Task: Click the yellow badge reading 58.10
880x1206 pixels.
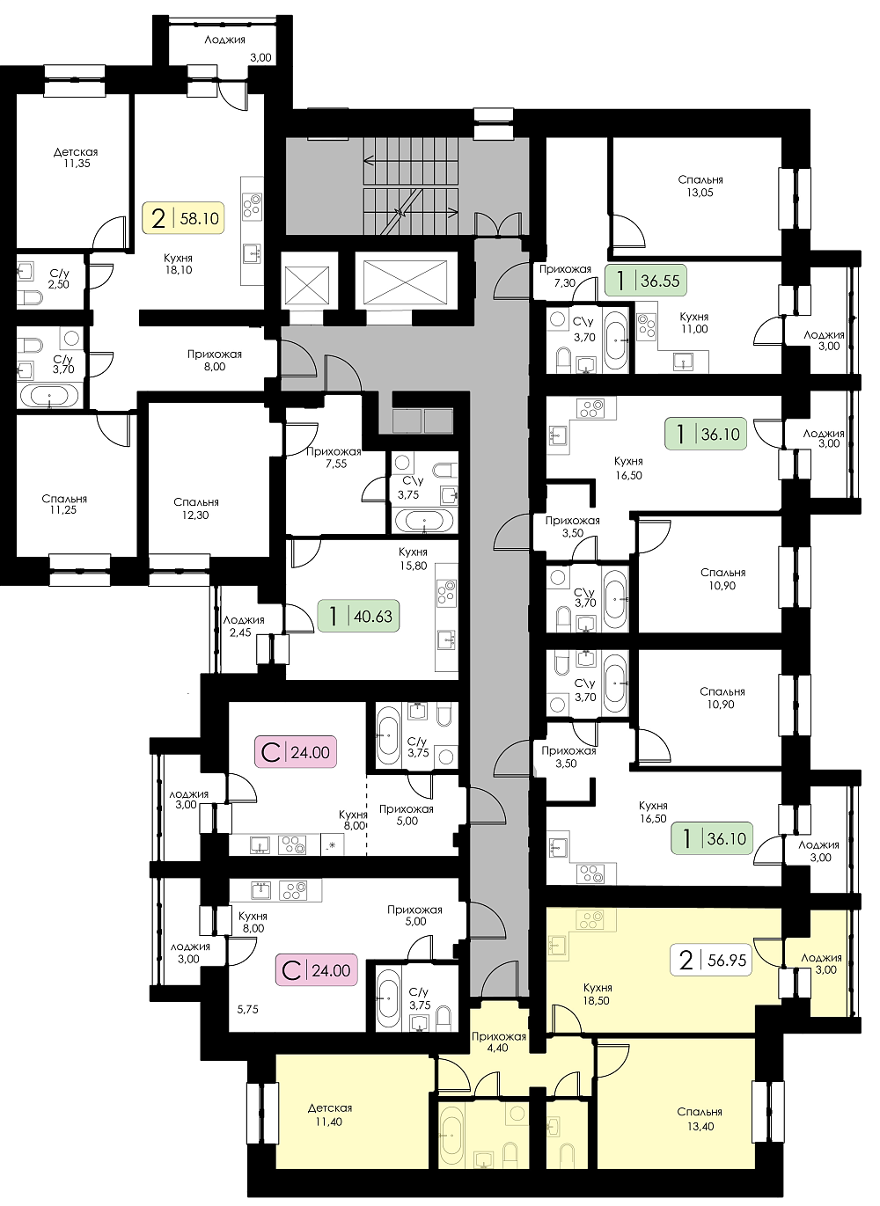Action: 182,217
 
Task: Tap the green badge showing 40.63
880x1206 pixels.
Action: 359,616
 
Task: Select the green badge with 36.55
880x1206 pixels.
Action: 646,280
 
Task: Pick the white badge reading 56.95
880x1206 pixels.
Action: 711,960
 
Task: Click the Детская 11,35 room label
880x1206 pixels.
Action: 76,157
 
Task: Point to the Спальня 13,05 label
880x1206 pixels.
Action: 700,186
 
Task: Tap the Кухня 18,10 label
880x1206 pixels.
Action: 178,264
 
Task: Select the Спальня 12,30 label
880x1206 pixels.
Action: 196,508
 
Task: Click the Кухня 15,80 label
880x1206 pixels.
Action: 413,559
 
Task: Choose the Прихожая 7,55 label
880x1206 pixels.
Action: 334,457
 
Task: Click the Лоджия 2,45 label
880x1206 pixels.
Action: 244,626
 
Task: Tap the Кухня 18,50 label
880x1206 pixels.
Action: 598,994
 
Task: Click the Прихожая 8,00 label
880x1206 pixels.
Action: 215,360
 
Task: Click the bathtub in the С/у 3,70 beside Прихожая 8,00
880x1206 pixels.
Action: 49,397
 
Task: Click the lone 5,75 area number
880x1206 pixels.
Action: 248,1010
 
